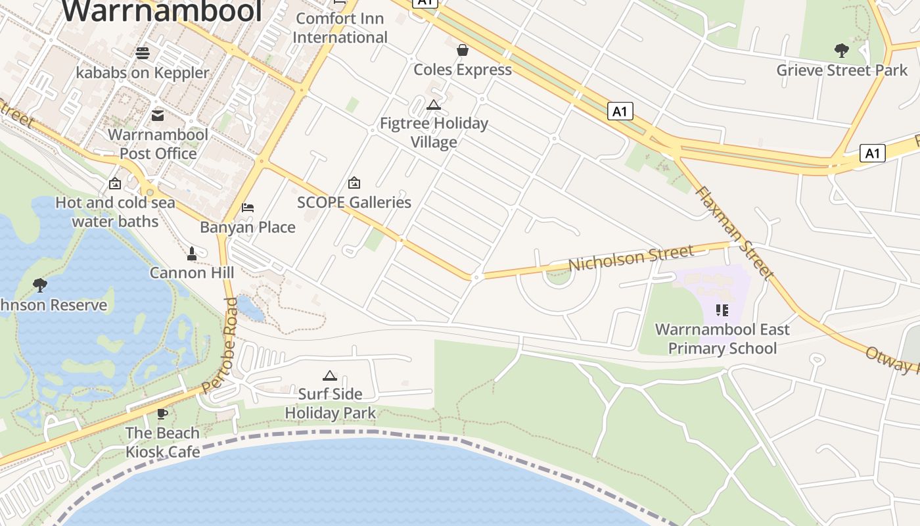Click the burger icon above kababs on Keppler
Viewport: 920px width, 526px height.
143,53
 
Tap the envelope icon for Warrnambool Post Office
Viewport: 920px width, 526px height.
158,116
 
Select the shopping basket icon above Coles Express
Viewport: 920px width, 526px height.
463,50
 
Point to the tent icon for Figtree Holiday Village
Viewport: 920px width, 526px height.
434,105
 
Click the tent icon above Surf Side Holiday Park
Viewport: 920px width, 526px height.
330,375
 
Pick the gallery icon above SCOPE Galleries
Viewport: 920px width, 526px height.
354,183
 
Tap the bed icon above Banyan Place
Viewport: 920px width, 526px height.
248,208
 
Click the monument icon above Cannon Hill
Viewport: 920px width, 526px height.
192,253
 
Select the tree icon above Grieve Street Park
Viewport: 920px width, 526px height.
841,51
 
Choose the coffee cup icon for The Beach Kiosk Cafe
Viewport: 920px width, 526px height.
162,414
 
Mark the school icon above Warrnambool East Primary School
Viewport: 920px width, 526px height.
722,310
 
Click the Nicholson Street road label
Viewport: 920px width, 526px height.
631,258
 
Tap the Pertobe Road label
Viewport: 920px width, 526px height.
220,346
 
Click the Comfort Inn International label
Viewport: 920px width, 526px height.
340,28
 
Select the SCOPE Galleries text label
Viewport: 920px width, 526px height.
354,203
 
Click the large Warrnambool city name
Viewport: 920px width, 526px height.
162,12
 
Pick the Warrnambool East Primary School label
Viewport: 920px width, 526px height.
722,339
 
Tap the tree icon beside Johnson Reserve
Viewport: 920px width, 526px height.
40,285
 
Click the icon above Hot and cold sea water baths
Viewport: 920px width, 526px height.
115,183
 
